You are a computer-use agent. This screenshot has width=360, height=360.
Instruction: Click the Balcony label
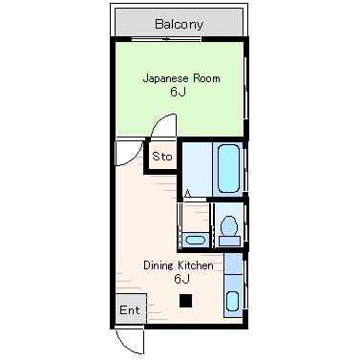click(x=179, y=25)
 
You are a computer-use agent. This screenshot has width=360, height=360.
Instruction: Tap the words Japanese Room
click(x=181, y=78)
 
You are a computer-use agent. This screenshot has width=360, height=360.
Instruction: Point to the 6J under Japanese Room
click(x=178, y=92)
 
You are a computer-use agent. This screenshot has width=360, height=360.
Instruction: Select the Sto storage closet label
click(x=162, y=157)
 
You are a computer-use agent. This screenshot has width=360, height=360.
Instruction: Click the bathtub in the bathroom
click(x=228, y=169)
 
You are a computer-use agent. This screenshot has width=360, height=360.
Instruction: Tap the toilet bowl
click(x=229, y=226)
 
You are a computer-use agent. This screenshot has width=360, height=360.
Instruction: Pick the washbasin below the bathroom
click(x=195, y=240)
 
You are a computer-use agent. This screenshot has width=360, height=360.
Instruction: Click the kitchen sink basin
click(x=233, y=301)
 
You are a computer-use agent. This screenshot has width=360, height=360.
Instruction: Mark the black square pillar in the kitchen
click(x=186, y=301)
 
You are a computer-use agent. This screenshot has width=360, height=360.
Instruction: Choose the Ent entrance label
click(x=130, y=309)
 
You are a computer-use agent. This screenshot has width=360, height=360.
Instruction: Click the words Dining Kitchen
click(x=179, y=265)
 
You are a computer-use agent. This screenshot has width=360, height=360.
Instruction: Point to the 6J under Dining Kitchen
click(x=181, y=279)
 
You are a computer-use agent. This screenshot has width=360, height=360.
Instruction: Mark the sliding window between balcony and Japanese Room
click(x=166, y=39)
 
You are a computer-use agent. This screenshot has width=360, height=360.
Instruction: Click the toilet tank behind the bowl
click(x=229, y=241)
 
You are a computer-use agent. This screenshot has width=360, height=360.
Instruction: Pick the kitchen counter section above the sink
click(x=234, y=264)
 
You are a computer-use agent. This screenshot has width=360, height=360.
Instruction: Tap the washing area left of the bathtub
click(x=197, y=169)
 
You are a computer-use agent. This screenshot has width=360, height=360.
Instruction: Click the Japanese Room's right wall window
click(x=245, y=88)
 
